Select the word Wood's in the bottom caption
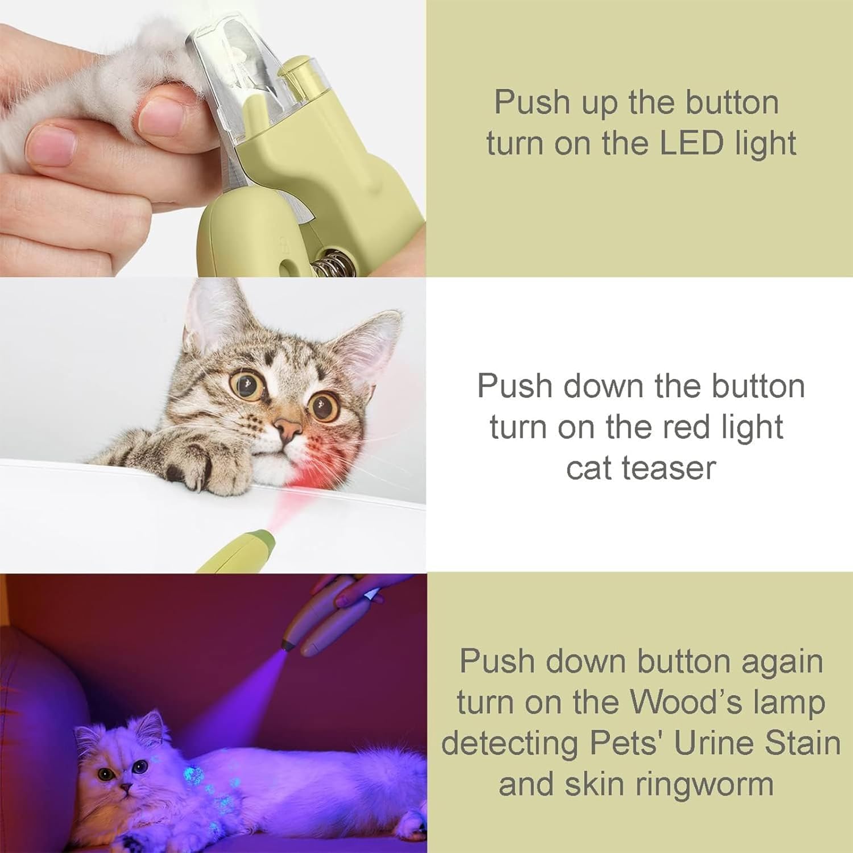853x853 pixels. (687, 702)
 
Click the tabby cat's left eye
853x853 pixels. (322, 405)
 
